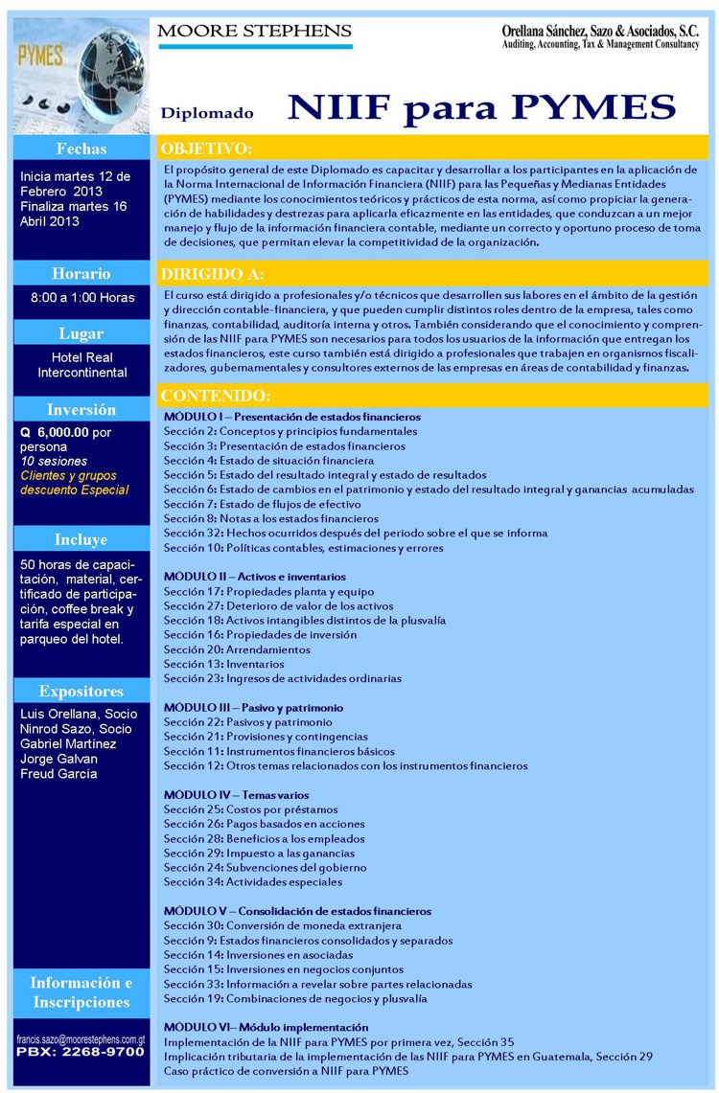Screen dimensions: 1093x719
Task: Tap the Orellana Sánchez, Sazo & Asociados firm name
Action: [601, 32]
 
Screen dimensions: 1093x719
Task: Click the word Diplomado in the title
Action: [207, 113]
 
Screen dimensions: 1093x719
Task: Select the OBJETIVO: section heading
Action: [206, 148]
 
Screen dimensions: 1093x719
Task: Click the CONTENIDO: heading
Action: [215, 396]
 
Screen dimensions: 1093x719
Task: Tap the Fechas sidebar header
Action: [82, 148]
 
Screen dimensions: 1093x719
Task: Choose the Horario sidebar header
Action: [82, 273]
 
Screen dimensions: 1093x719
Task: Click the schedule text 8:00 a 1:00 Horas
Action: [82, 298]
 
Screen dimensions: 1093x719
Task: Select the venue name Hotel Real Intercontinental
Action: [82, 365]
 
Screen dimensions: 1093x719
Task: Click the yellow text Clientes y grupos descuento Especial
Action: [75, 483]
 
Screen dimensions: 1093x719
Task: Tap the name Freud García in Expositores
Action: [58, 774]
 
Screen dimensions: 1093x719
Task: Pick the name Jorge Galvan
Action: [59, 759]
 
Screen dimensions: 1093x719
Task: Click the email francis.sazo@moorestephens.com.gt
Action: [81, 1038]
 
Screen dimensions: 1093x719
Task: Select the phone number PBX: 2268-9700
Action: [81, 1052]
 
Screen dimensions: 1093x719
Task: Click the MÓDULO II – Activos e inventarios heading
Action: [255, 577]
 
